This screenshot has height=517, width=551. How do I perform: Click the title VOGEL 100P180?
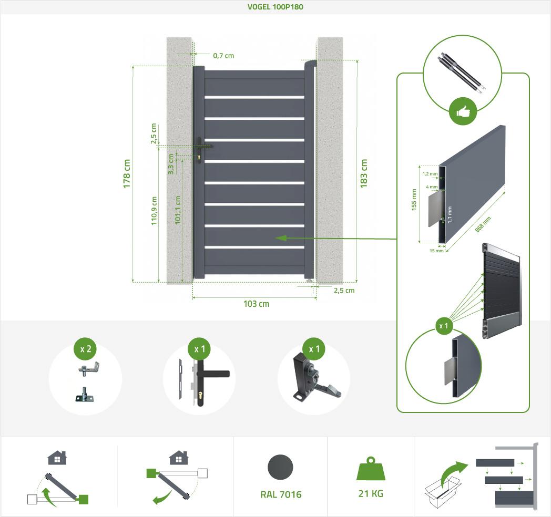(275, 7)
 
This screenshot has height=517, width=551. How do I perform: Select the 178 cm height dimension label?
(127, 173)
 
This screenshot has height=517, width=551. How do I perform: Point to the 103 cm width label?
(257, 304)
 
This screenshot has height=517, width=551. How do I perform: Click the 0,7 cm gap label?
(223, 55)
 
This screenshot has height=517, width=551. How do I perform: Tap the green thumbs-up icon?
(463, 112)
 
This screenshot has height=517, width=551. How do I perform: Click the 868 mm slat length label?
(483, 225)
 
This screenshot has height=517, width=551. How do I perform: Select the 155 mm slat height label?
(415, 200)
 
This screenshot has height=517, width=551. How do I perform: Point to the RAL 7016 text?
(281, 494)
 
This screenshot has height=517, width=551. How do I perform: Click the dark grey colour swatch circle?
(281, 467)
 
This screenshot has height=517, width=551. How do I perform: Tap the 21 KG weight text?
(370, 494)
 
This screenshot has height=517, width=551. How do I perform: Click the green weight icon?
(370, 469)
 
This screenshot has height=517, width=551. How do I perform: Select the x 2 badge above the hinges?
(85, 349)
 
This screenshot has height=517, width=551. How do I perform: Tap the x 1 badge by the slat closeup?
(444, 326)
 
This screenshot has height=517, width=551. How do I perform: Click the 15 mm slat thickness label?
(436, 251)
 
